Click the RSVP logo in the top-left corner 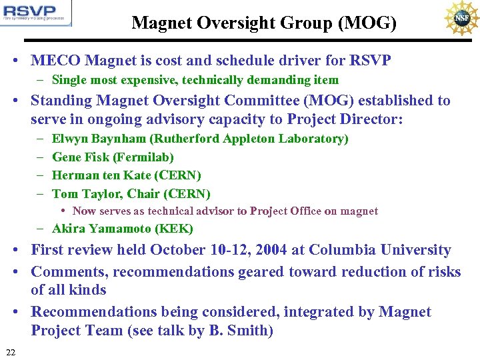pos(36,13)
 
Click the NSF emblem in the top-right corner pos(461,18)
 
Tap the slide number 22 pos(10,351)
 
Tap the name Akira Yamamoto pos(93,229)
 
